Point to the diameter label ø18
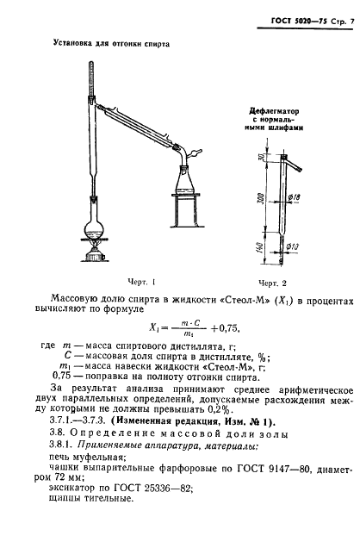[295, 197]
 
